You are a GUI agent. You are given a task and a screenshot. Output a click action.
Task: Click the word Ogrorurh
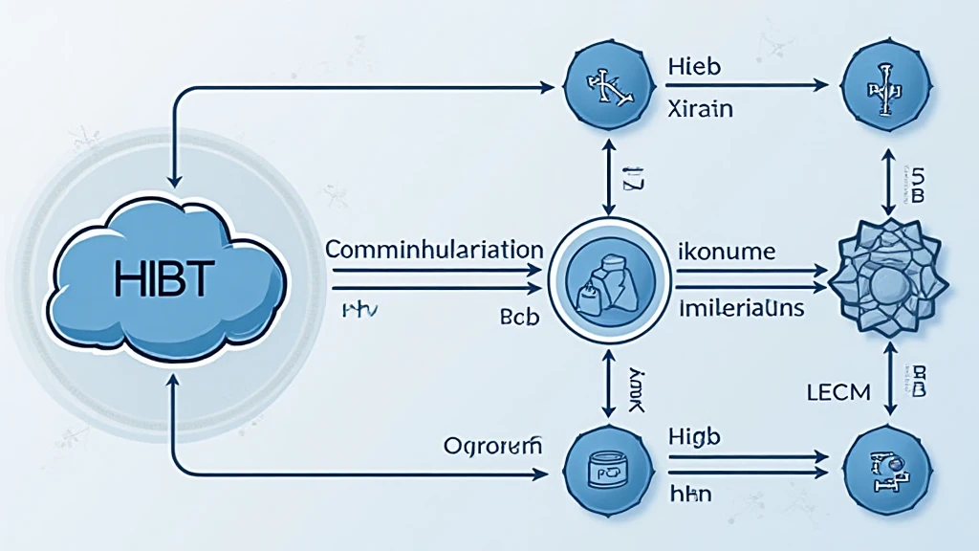pyautogui.click(x=493, y=445)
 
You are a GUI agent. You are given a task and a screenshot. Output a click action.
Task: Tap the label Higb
pyautogui.click(x=694, y=436)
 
